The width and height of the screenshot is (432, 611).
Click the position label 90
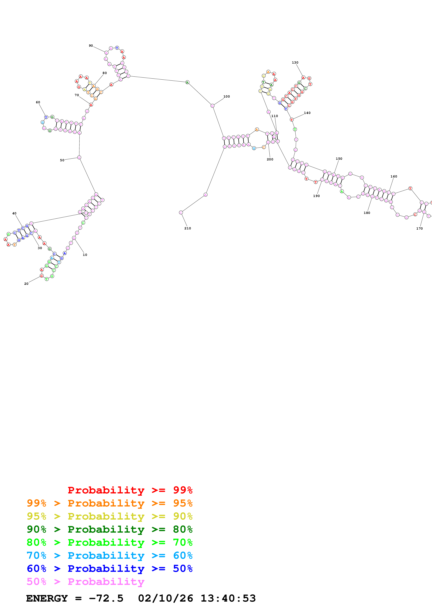91,46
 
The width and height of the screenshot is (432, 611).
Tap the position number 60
38,102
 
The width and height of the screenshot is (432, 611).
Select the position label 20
26,284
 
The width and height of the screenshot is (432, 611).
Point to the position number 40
14,213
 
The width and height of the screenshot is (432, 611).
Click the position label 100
227,97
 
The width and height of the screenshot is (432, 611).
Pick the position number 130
295,63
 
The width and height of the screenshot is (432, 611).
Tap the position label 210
188,228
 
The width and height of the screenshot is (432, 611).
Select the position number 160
394,176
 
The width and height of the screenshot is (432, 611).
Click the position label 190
316,196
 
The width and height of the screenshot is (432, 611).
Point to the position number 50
62,160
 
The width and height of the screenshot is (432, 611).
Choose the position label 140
307,113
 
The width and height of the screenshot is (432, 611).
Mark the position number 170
419,229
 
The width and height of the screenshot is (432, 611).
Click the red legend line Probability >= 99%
130,490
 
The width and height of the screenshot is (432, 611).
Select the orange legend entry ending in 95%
109,503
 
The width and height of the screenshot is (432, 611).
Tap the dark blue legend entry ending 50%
109,569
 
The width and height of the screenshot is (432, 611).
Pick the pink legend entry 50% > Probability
85,581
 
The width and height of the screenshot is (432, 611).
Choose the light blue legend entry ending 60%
109,555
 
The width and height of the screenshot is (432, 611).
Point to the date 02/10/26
165,598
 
